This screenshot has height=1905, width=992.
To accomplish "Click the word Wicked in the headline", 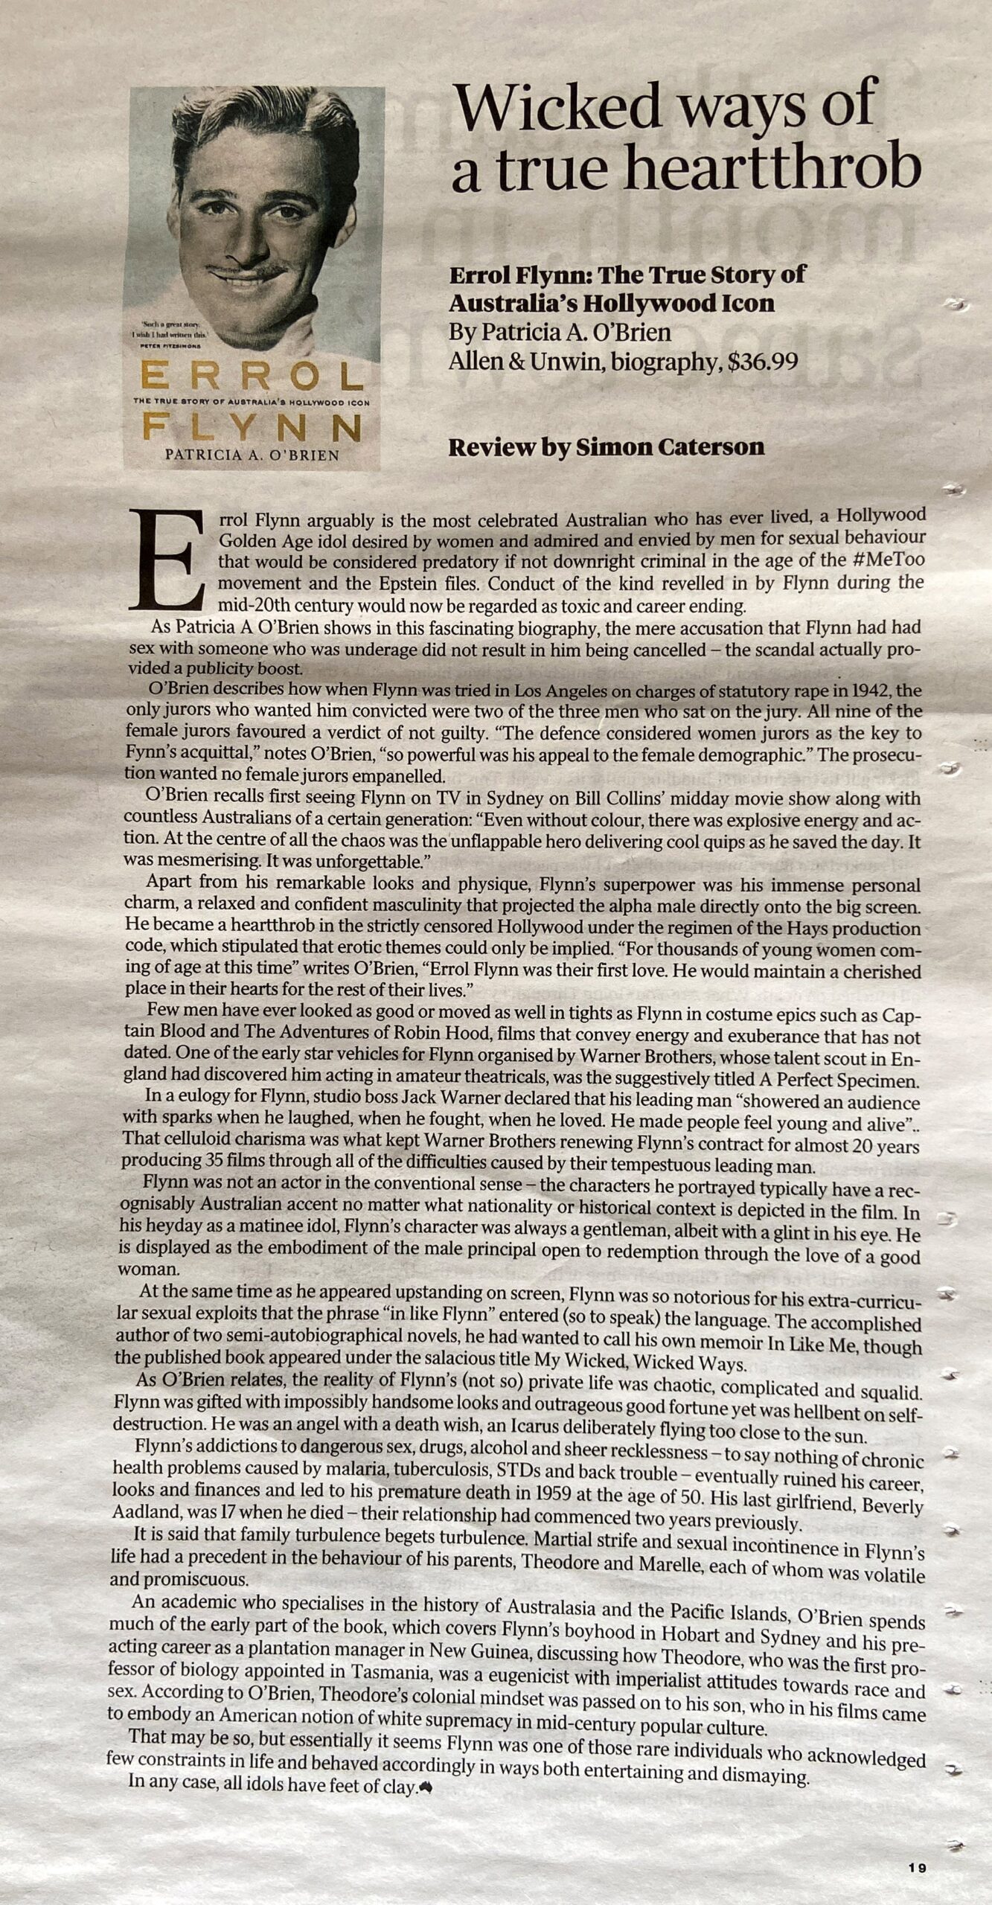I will tap(557, 106).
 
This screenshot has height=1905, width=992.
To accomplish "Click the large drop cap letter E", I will tap(167, 559).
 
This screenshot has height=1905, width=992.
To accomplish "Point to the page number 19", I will tap(917, 1868).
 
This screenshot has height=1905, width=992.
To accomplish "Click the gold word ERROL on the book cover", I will tap(252, 377).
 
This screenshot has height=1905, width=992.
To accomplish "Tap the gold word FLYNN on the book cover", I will tap(252, 428).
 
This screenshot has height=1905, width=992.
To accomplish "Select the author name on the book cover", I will tap(252, 455).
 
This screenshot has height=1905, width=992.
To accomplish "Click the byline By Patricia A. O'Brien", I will tap(560, 333).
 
